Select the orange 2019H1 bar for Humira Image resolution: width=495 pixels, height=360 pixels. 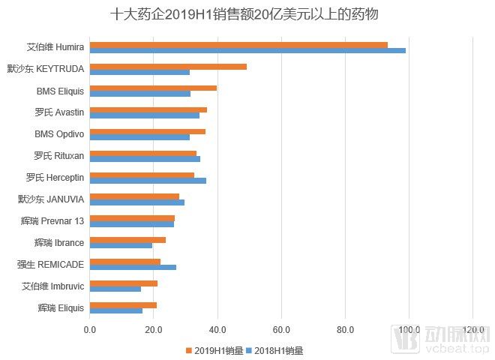click(x=238, y=44)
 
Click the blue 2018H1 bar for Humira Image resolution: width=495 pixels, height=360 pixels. click(x=247, y=50)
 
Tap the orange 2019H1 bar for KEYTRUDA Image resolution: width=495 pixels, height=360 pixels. click(x=168, y=66)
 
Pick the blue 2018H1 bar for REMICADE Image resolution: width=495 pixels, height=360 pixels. click(x=133, y=267)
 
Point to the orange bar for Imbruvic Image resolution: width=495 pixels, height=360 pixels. click(x=124, y=283)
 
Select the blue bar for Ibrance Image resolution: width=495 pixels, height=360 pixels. click(x=121, y=245)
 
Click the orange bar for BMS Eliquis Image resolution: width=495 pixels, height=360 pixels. click(x=153, y=88)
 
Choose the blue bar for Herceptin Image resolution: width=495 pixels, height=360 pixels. click(x=148, y=180)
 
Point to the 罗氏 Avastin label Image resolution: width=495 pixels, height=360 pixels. click(x=59, y=112)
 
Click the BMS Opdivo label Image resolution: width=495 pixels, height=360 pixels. click(x=59, y=134)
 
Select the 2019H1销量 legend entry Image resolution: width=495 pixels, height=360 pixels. click(x=214, y=349)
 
